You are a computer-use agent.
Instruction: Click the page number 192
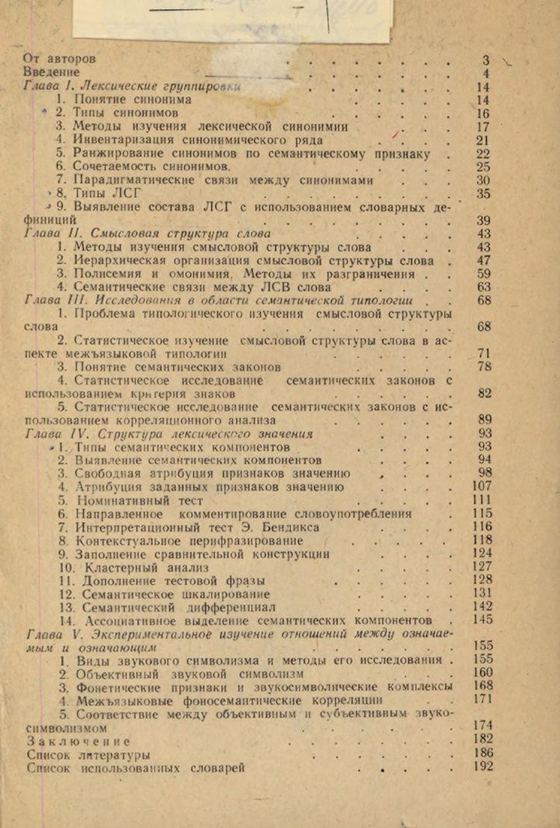[482, 767]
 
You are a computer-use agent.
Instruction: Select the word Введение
[53, 72]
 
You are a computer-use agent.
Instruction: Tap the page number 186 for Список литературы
[482, 753]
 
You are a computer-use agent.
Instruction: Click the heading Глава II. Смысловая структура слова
[148, 232]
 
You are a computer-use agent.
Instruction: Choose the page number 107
[482, 487]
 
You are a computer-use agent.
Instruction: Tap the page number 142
[482, 607]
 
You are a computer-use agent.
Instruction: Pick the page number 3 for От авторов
[486, 59]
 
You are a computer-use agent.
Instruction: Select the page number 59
[483, 273]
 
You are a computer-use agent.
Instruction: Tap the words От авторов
[61, 58]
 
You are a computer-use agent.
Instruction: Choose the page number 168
[482, 686]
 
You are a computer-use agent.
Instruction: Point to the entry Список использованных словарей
[136, 768]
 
